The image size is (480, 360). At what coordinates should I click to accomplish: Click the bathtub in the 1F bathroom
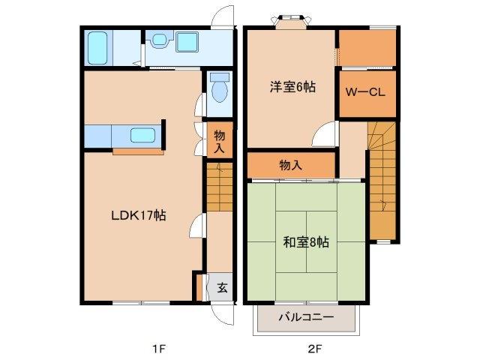click(x=97, y=48)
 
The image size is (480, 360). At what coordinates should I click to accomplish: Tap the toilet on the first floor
click(x=218, y=90)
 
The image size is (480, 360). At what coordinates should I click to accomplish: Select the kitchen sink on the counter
click(x=142, y=136)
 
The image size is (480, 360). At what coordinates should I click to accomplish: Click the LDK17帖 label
click(x=139, y=214)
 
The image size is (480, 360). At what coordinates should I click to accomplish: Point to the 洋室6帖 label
click(x=292, y=88)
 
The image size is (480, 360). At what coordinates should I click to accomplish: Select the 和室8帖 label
click(x=305, y=241)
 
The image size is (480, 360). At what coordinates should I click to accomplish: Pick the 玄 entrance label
click(x=223, y=286)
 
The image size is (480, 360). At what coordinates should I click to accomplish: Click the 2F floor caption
click(x=314, y=348)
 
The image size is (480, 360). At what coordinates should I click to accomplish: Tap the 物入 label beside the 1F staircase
click(x=218, y=142)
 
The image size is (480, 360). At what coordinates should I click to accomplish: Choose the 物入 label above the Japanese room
click(x=290, y=164)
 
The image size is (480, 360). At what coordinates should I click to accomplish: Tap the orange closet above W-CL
click(x=367, y=48)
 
